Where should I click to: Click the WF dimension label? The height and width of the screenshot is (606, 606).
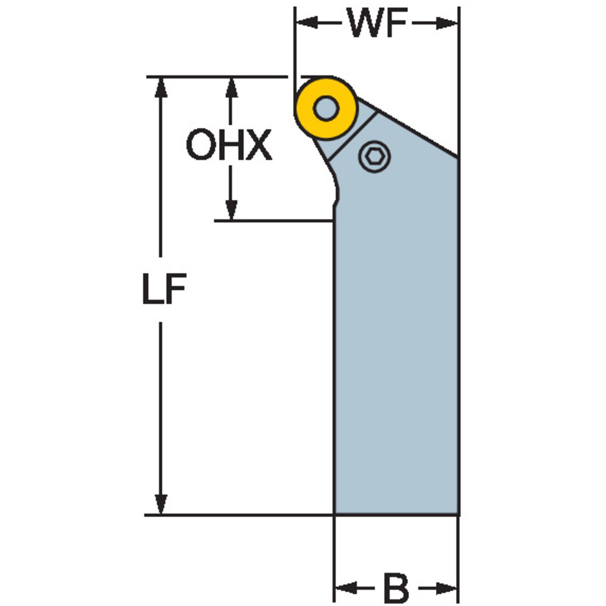(x=377, y=22)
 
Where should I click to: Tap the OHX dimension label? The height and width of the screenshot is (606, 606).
(x=229, y=144)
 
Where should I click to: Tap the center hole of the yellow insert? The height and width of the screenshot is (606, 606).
(x=326, y=109)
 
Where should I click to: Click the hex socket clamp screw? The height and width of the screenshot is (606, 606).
(x=374, y=156)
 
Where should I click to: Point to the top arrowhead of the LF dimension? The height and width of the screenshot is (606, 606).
(x=161, y=87)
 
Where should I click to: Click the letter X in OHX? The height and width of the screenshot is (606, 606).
(x=258, y=144)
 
